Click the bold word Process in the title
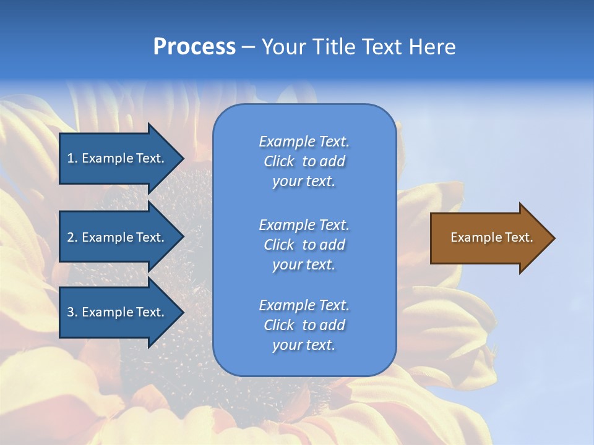click(x=194, y=47)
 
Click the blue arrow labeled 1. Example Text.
click(x=118, y=158)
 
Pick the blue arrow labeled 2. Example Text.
click(x=118, y=237)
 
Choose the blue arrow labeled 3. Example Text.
click(x=118, y=312)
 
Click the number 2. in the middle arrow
click(x=72, y=237)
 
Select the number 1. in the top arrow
click(x=72, y=158)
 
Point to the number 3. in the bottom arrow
click(x=72, y=312)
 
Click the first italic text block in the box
click(x=304, y=161)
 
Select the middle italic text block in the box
click(x=304, y=245)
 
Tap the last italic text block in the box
click(x=304, y=325)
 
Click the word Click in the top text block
click(x=278, y=161)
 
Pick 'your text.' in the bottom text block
click(x=304, y=345)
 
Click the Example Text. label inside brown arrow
click(x=491, y=237)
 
